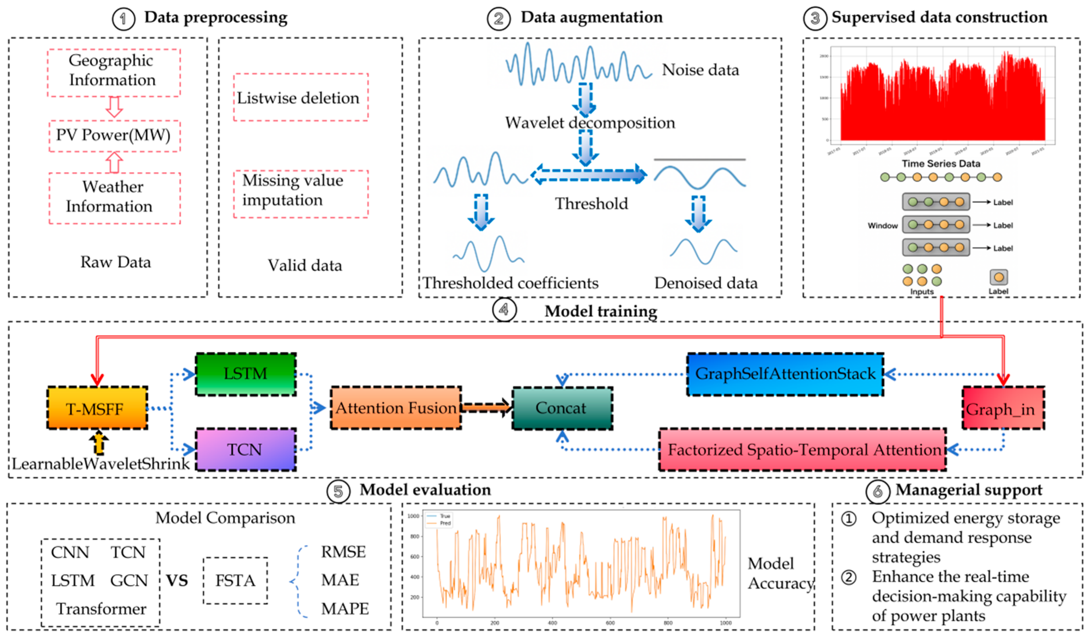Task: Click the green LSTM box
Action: pyautogui.click(x=246, y=374)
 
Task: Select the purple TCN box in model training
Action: pyautogui.click(x=246, y=449)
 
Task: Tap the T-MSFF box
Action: pyautogui.click(x=97, y=408)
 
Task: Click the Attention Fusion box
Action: pyautogui.click(x=395, y=408)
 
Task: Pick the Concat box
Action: pyautogui.click(x=562, y=408)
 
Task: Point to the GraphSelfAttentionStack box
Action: pyautogui.click(x=785, y=374)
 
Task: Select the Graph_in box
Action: pyautogui.click(x=1003, y=408)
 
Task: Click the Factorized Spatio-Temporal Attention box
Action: pyautogui.click(x=802, y=449)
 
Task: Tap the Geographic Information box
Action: pyautogui.click(x=113, y=72)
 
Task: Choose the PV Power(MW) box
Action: pyautogui.click(x=114, y=136)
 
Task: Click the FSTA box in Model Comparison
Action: pyautogui.click(x=235, y=580)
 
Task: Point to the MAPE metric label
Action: pyautogui.click(x=344, y=608)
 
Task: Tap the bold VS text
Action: pyautogui.click(x=177, y=580)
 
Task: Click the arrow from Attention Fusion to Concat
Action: pyautogui.click(x=486, y=407)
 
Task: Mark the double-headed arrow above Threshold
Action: pyautogui.click(x=589, y=175)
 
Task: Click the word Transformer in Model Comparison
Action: pyautogui.click(x=101, y=608)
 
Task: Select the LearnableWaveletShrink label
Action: pyautogui.click(x=100, y=464)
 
